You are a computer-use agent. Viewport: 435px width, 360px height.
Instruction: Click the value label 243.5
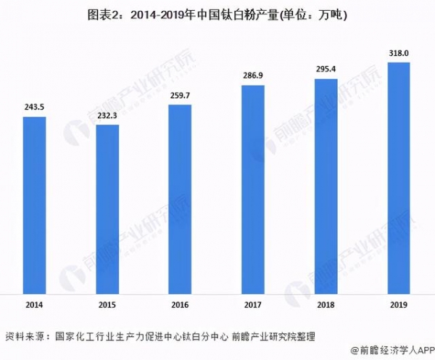tap(35, 108)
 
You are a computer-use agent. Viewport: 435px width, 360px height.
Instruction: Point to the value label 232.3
tap(107, 116)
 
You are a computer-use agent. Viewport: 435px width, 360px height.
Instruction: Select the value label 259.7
tap(180, 96)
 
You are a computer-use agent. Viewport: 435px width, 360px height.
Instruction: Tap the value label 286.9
tap(253, 75)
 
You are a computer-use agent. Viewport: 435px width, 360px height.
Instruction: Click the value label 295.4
tap(326, 70)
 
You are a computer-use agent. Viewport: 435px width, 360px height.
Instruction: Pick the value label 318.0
tap(398, 53)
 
